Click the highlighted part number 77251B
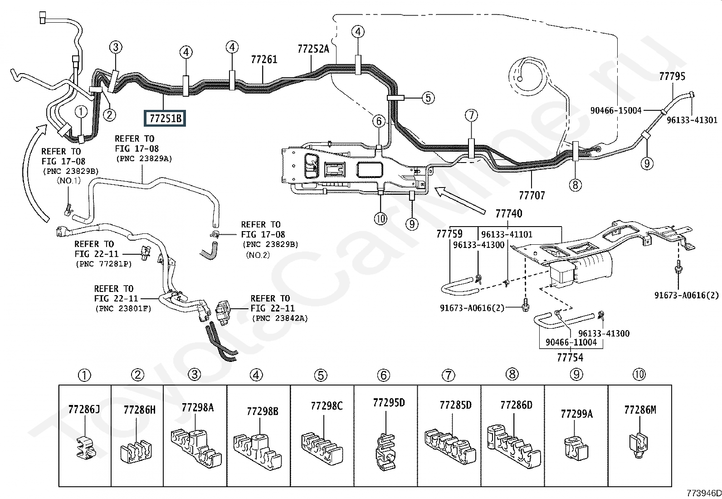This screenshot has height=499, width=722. coord(165,118)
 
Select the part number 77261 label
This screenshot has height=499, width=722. coord(264,59)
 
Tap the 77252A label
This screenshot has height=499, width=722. coord(313,49)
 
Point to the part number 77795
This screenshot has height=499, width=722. coord(672,76)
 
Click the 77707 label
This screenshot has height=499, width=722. coord(532,195)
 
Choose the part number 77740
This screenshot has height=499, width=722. coord(509,213)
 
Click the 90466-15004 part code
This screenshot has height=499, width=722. coord(616,110)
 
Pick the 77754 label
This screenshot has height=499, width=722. coord(570,357)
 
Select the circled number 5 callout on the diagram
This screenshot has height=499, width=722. coord(428,98)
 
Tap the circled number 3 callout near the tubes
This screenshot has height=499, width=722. coord(116,47)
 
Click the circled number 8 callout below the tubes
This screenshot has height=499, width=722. coord(576,185)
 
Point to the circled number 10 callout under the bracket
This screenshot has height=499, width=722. coord(381,219)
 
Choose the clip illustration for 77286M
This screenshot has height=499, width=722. coord(638,445)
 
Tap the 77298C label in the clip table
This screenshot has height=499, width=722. coord(327,406)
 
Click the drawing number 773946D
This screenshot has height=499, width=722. coord(703,493)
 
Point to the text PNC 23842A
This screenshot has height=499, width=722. coord(279,319)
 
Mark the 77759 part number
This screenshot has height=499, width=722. coord(449,234)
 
